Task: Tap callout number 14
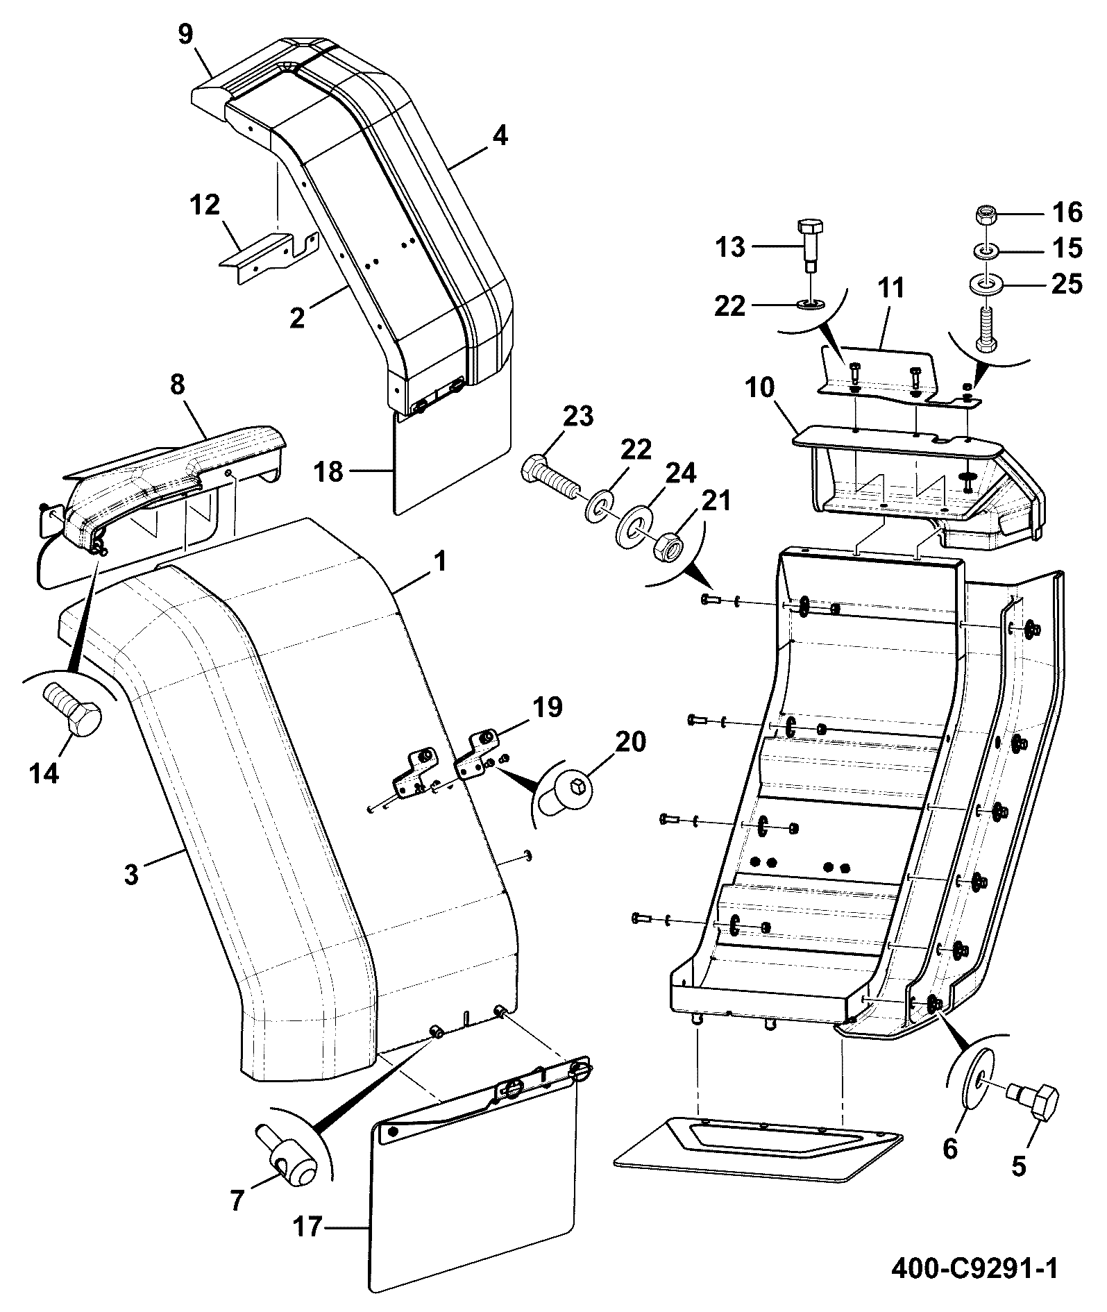pyautogui.click(x=44, y=772)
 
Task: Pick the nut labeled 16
pyautogui.click(x=986, y=215)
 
